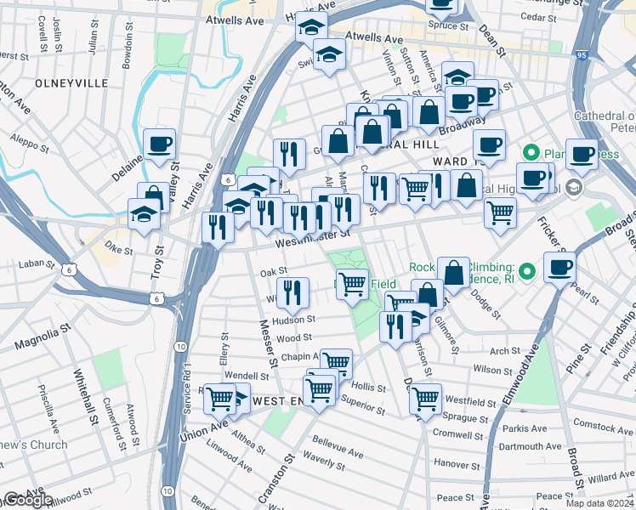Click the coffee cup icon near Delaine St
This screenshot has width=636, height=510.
159,144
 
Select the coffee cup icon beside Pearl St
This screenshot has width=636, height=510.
559,268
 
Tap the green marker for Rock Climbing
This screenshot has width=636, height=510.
527,272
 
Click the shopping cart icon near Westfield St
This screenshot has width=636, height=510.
425,397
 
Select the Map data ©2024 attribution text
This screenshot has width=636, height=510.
599,503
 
